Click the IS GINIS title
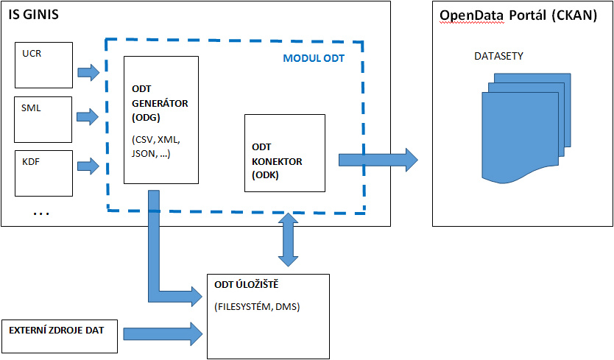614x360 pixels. [x=34, y=15]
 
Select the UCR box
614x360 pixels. [x=44, y=65]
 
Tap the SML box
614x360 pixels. [x=43, y=119]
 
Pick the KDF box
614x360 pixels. [x=44, y=173]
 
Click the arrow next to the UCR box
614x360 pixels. [x=88, y=72]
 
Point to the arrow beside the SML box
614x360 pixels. [x=88, y=117]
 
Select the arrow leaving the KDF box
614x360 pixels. [x=88, y=166]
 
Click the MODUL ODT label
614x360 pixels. [x=314, y=58]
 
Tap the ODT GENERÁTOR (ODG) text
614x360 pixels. [x=160, y=103]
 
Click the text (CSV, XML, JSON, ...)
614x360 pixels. [x=156, y=147]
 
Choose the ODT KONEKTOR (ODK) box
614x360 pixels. [x=285, y=153]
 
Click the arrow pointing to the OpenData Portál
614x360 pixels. [x=378, y=160]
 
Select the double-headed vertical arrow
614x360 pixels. [x=288, y=240]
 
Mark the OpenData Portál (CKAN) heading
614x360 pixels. [x=518, y=15]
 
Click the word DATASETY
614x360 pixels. [x=498, y=57]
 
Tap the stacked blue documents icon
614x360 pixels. [x=526, y=128]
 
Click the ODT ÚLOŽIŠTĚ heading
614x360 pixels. [x=247, y=284]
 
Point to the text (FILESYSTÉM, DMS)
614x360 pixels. [x=257, y=307]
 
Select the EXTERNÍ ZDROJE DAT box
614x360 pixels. [x=60, y=336]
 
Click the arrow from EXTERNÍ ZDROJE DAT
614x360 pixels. [x=163, y=334]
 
